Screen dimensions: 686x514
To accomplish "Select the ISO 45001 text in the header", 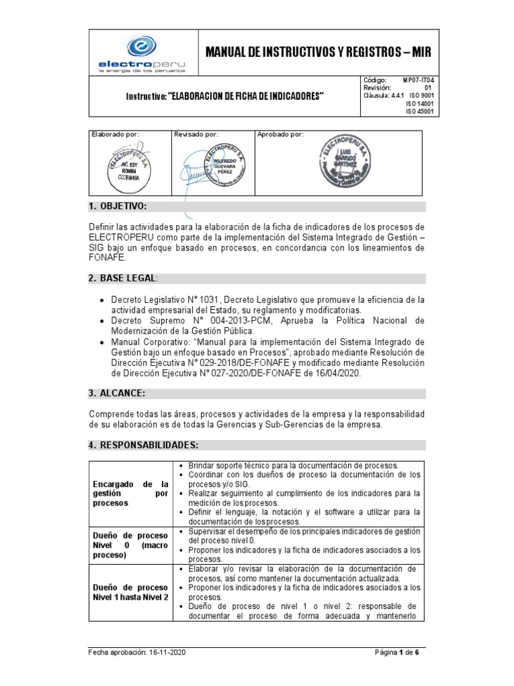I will [x=420, y=112].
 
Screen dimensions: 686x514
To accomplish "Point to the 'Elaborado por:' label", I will [x=114, y=135].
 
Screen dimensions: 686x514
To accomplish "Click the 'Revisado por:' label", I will [x=196, y=135].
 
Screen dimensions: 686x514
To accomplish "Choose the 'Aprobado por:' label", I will [x=280, y=135].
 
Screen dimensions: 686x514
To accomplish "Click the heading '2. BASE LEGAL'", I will [x=124, y=278].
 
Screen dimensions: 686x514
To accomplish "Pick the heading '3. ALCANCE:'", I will [x=117, y=393].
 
